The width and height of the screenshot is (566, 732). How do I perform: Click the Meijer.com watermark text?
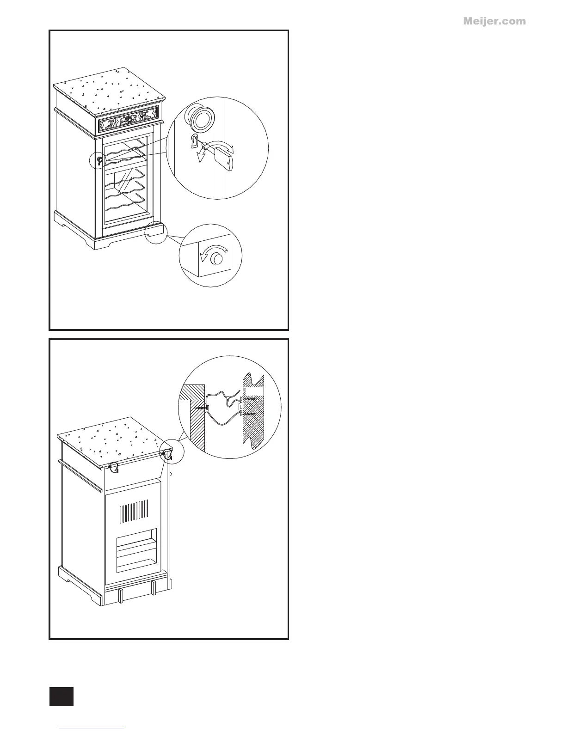click(x=494, y=21)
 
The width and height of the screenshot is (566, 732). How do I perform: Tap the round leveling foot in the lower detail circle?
click(x=215, y=260)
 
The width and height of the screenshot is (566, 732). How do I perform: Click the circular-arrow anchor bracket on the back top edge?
click(x=113, y=468)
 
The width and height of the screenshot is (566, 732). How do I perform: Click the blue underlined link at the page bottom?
click(x=92, y=728)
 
